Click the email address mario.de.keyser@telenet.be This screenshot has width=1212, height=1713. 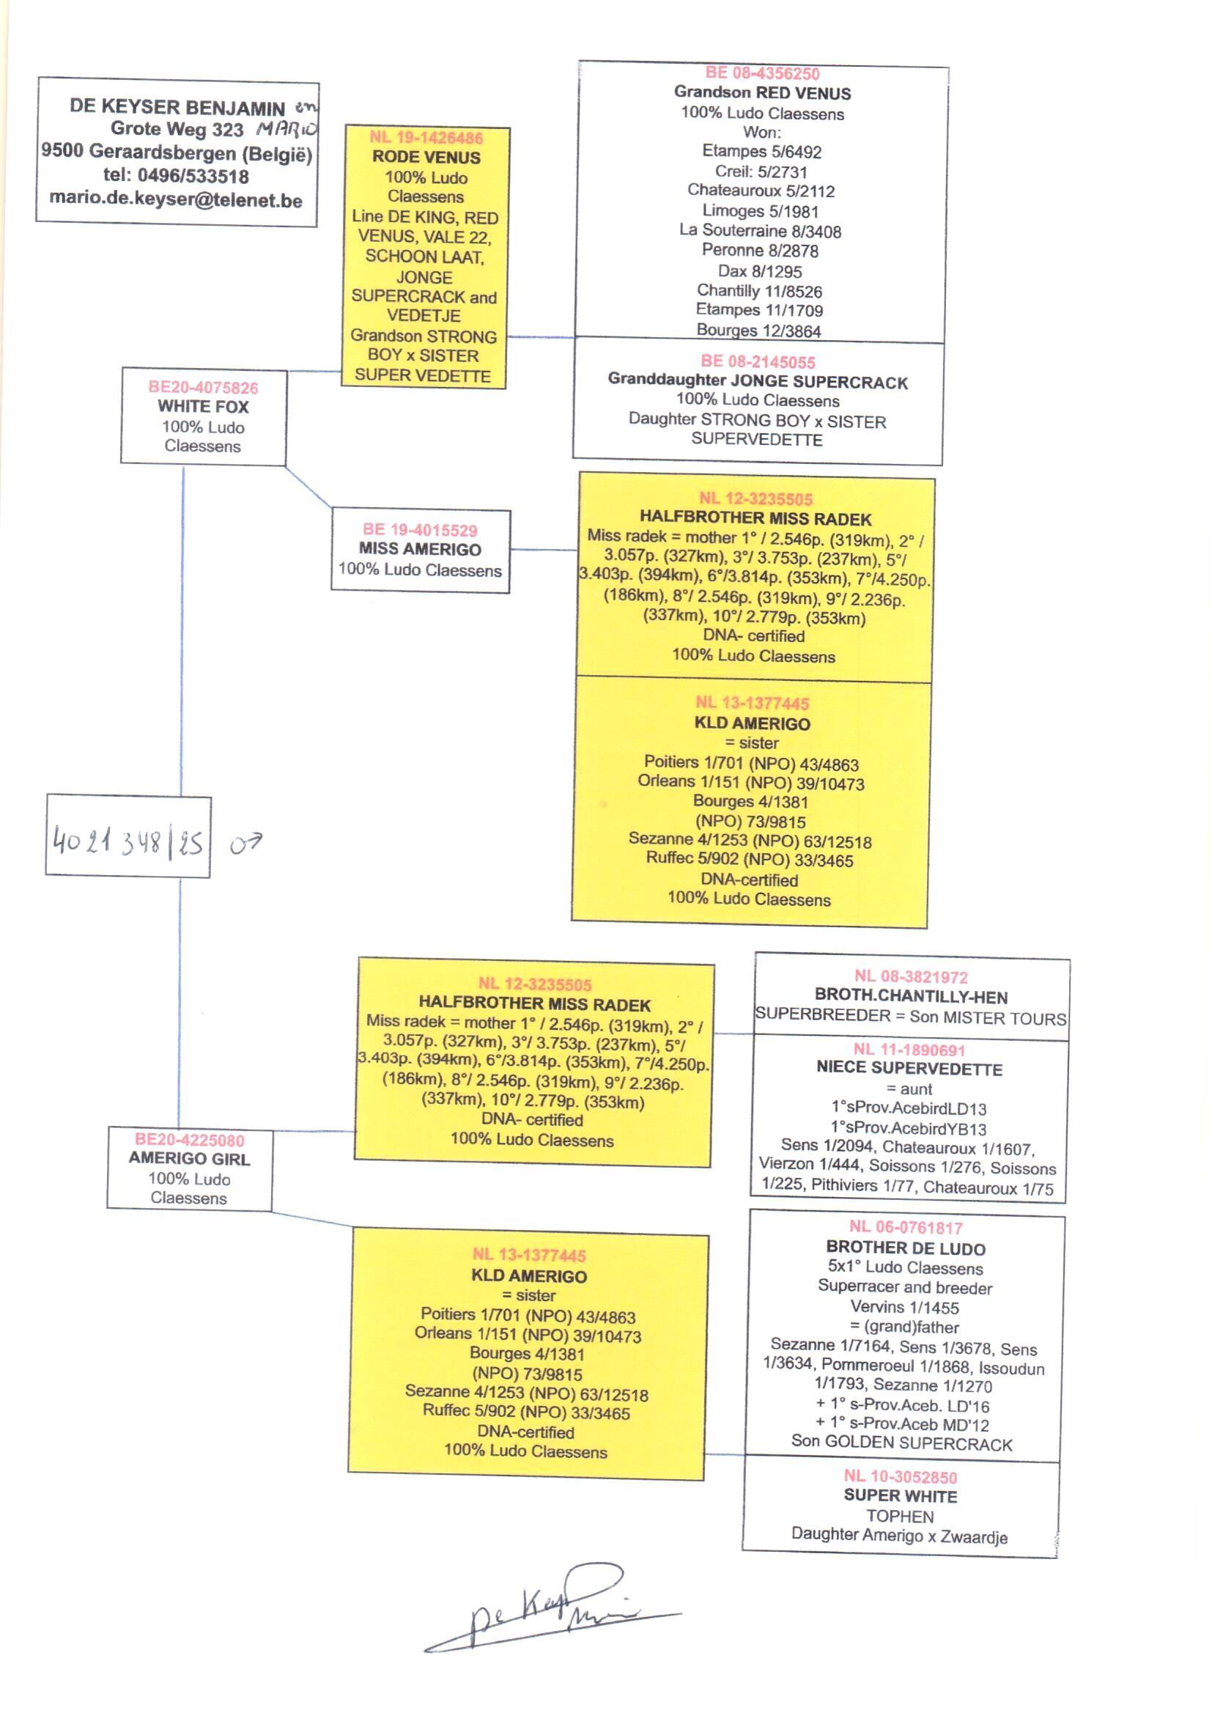pos(176,199)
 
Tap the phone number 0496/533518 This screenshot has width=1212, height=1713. pos(193,176)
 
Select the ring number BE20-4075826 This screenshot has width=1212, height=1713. pos(203,387)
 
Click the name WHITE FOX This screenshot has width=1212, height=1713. pos(203,407)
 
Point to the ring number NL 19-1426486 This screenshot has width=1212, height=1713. pos(426,138)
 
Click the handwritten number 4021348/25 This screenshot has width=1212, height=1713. pos(128,842)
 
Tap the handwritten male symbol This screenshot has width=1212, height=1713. pos(245,844)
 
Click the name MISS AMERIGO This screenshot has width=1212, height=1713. pos(420,549)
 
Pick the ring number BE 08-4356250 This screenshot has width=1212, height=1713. pos(762,73)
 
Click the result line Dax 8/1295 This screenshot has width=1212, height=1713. pos(760,272)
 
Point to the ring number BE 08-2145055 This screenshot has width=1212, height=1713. pos(758,362)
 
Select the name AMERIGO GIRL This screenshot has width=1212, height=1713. pos(189,1158)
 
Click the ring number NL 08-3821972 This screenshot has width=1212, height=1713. pos(911,976)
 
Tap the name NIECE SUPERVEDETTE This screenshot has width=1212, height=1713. pos(909,1068)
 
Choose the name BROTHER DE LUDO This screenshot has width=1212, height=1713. pos(905,1248)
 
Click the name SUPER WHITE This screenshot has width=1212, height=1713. pos(900,1496)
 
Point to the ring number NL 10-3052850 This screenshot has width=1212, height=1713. pos(900,1476)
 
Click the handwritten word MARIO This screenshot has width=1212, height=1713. pos(287,129)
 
